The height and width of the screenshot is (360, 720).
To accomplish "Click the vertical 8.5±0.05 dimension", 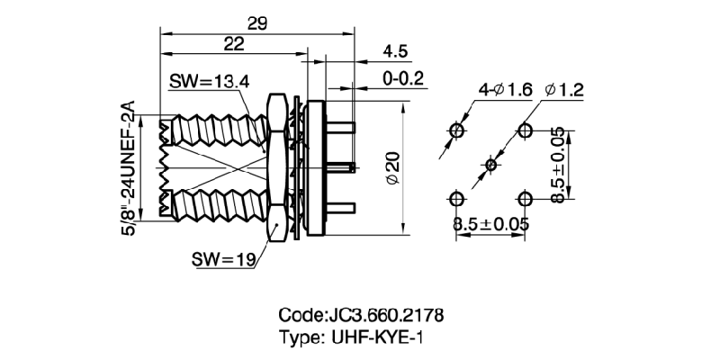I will pos(560,165).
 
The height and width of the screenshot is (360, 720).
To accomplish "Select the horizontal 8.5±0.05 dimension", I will pos(491,223).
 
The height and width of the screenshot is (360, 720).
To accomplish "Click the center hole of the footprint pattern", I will pos(490,165).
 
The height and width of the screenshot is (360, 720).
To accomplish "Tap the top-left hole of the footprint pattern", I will pos(457,131).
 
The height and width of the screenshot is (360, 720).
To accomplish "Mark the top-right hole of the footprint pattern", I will pos(525,131).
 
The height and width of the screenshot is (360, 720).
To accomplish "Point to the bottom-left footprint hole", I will pos(457,198).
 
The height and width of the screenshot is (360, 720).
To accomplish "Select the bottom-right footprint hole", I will pos(525,198).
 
